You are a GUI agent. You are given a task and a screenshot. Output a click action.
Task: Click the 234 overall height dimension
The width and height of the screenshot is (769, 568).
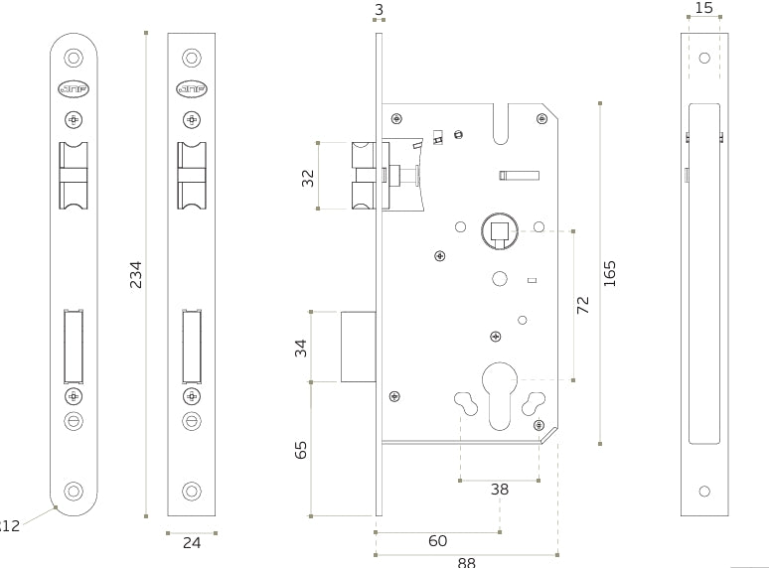click(x=136, y=275)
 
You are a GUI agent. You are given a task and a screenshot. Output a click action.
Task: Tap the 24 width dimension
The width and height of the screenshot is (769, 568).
click(x=192, y=542)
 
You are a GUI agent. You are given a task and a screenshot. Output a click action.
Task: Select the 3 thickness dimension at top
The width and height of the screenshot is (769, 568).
click(x=379, y=9)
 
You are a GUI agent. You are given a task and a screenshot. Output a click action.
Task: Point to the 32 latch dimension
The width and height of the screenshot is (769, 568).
click(x=308, y=177)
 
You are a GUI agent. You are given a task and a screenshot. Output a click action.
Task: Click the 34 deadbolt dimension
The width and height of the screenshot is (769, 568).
click(x=301, y=348)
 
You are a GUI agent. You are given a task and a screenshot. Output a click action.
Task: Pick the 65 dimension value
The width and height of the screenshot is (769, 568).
click(x=301, y=449)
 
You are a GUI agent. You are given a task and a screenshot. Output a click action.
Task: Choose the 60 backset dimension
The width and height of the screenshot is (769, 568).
click(x=437, y=541)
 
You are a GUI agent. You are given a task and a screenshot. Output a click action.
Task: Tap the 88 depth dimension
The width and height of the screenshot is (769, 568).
click(x=466, y=562)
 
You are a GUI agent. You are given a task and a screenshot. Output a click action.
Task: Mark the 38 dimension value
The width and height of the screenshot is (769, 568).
click(x=500, y=489)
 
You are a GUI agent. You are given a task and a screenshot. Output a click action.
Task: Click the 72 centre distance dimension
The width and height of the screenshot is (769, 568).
click(x=583, y=305)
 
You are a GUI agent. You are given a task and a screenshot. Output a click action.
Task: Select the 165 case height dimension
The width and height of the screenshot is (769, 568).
click(x=610, y=274)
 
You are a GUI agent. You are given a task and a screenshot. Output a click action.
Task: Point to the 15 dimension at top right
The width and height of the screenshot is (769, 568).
click(x=703, y=8)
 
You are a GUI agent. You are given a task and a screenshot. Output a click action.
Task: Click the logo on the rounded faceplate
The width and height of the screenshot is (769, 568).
click(x=73, y=89)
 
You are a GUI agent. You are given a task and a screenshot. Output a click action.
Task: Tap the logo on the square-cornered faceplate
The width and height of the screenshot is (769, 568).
click(x=192, y=89)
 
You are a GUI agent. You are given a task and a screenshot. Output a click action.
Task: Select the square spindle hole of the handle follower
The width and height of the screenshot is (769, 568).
click(x=499, y=234)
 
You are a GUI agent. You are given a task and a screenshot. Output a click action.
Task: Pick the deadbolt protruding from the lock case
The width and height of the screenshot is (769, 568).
click(x=358, y=347)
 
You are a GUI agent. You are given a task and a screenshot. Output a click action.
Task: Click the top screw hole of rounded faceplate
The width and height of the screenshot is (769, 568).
click(x=73, y=57)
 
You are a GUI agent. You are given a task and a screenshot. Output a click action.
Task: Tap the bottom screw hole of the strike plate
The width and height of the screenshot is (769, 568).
click(x=704, y=492)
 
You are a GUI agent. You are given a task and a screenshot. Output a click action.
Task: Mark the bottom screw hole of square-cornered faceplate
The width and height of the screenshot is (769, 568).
click(x=192, y=492)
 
